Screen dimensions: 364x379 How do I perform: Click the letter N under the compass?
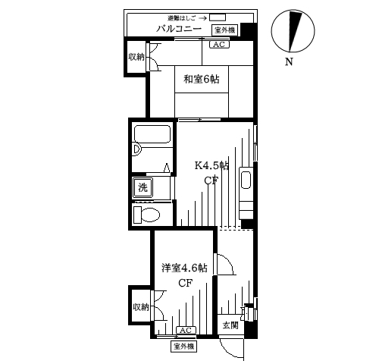(289, 62)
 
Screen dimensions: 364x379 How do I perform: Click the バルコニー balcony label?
(178, 29)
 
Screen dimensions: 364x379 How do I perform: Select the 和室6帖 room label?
(201, 77)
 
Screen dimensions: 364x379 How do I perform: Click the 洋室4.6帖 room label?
(183, 268)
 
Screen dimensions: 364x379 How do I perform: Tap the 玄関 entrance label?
(230, 325)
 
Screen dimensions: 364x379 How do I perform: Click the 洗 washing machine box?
(143, 187)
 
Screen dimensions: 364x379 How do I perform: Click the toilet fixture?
(147, 215)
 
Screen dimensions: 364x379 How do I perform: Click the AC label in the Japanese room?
(218, 45)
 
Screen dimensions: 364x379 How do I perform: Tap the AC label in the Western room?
(185, 331)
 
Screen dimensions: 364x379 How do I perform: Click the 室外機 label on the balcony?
(225, 30)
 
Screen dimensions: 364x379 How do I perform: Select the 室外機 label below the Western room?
(183, 347)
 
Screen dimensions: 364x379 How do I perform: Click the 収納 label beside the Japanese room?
(136, 58)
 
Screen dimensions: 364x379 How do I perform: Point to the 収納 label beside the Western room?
(141, 307)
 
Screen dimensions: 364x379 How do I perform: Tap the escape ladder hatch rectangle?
(218, 17)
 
